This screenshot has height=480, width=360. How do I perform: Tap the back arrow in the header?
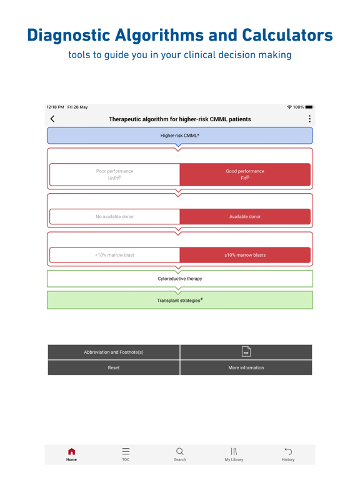pos(52,119)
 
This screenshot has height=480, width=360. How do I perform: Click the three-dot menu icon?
pos(309,119)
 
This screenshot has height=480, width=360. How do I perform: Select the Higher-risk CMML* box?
pos(180,136)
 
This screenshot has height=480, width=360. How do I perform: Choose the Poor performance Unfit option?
pos(114,175)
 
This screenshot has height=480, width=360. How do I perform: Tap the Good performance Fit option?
pos(245,175)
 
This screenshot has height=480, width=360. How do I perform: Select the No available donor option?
pos(114,217)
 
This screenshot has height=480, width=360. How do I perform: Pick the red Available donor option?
pos(245,217)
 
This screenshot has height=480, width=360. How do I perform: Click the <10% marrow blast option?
pos(114,255)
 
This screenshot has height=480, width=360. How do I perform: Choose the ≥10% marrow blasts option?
pos(245,255)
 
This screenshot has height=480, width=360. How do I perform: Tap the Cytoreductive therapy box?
pos(180,279)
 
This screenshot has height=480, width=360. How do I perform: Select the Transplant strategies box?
pos(180,301)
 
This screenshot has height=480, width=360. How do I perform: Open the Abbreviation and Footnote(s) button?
pos(114,352)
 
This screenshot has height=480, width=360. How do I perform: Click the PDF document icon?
pos(246,352)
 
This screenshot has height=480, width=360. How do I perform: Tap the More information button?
pos(246,367)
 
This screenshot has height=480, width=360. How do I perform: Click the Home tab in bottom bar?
pos(72,454)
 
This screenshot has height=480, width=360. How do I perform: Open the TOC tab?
pos(126,454)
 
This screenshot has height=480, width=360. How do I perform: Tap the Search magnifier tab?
pos(180,454)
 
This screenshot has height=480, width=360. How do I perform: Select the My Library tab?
pos(234,454)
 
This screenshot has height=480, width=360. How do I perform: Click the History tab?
pos(288,454)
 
